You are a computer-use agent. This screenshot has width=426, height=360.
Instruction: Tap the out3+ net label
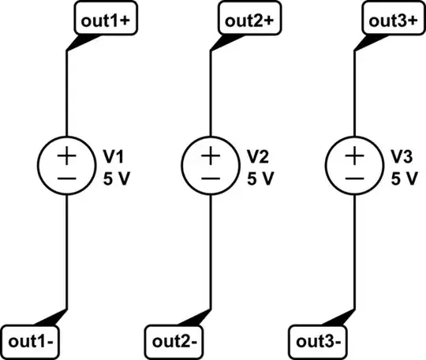pos(393,21)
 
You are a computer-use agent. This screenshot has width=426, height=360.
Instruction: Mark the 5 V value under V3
pos(403,178)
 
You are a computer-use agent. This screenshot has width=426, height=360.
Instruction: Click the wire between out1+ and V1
pos(66,95)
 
